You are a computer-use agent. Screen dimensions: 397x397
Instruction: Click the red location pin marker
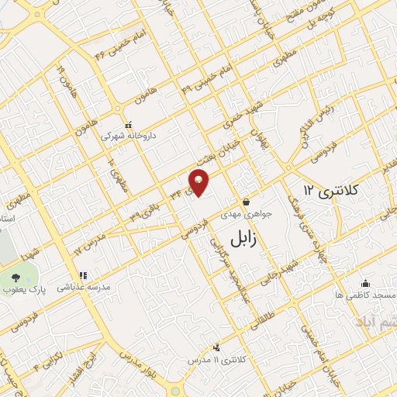click(198, 182)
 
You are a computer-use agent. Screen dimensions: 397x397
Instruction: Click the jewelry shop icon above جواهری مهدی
click(245, 197)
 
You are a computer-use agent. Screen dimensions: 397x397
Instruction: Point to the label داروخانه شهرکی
click(129, 135)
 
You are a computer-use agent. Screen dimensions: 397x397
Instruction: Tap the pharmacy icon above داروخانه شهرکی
click(129, 123)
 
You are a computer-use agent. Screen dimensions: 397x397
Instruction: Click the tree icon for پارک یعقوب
click(16, 278)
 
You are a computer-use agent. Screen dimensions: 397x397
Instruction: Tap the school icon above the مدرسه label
click(82, 275)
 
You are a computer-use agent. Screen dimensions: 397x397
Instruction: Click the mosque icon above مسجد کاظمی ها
click(365, 284)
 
